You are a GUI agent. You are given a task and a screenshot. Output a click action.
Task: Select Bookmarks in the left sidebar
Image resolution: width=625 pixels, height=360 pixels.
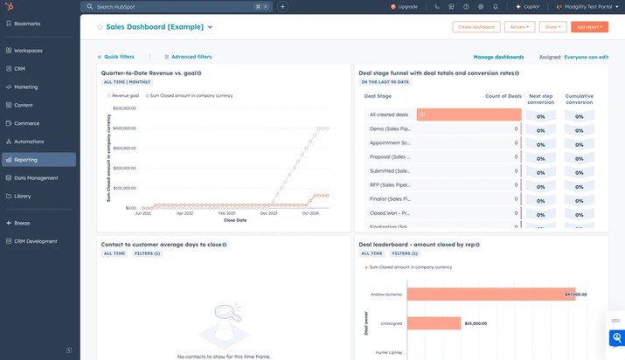point(28,24)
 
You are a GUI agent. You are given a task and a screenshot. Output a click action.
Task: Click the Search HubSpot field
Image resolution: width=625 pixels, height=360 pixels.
point(175,6)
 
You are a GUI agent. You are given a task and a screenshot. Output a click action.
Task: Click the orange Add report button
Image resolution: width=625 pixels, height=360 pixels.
point(589,27)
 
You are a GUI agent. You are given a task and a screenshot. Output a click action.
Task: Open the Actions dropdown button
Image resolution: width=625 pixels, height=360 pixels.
point(519,27)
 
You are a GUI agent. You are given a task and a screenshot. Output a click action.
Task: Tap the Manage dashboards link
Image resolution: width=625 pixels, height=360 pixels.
point(498,57)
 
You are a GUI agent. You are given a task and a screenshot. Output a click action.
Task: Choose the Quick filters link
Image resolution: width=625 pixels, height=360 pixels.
point(118,57)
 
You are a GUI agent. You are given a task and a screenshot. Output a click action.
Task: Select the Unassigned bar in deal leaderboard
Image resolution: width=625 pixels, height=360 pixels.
point(434,323)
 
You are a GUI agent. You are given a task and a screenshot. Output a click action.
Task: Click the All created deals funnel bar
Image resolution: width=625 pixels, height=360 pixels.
point(469,114)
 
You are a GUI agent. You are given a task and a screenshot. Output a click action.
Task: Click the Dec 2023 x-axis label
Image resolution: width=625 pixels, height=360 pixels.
point(268,213)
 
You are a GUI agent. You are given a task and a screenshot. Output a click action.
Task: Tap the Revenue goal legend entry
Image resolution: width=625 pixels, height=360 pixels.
point(124,95)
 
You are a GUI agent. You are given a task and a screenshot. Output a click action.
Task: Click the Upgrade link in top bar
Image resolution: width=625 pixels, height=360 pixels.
point(405,6)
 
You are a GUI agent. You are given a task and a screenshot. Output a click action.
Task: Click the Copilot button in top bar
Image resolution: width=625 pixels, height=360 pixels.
point(526,6)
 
